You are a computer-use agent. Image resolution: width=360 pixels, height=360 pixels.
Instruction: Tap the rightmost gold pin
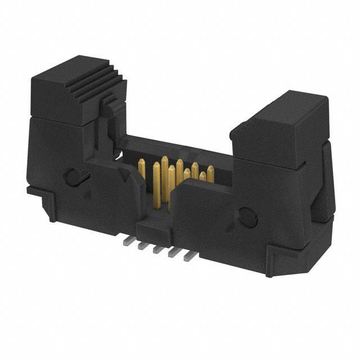(x=210, y=174)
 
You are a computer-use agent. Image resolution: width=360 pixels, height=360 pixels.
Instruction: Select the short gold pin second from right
(x=202, y=178)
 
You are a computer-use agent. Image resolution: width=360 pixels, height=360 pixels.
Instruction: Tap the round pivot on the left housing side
(x=71, y=177)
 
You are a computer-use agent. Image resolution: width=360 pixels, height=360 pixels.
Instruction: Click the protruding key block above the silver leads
(x=152, y=228)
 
